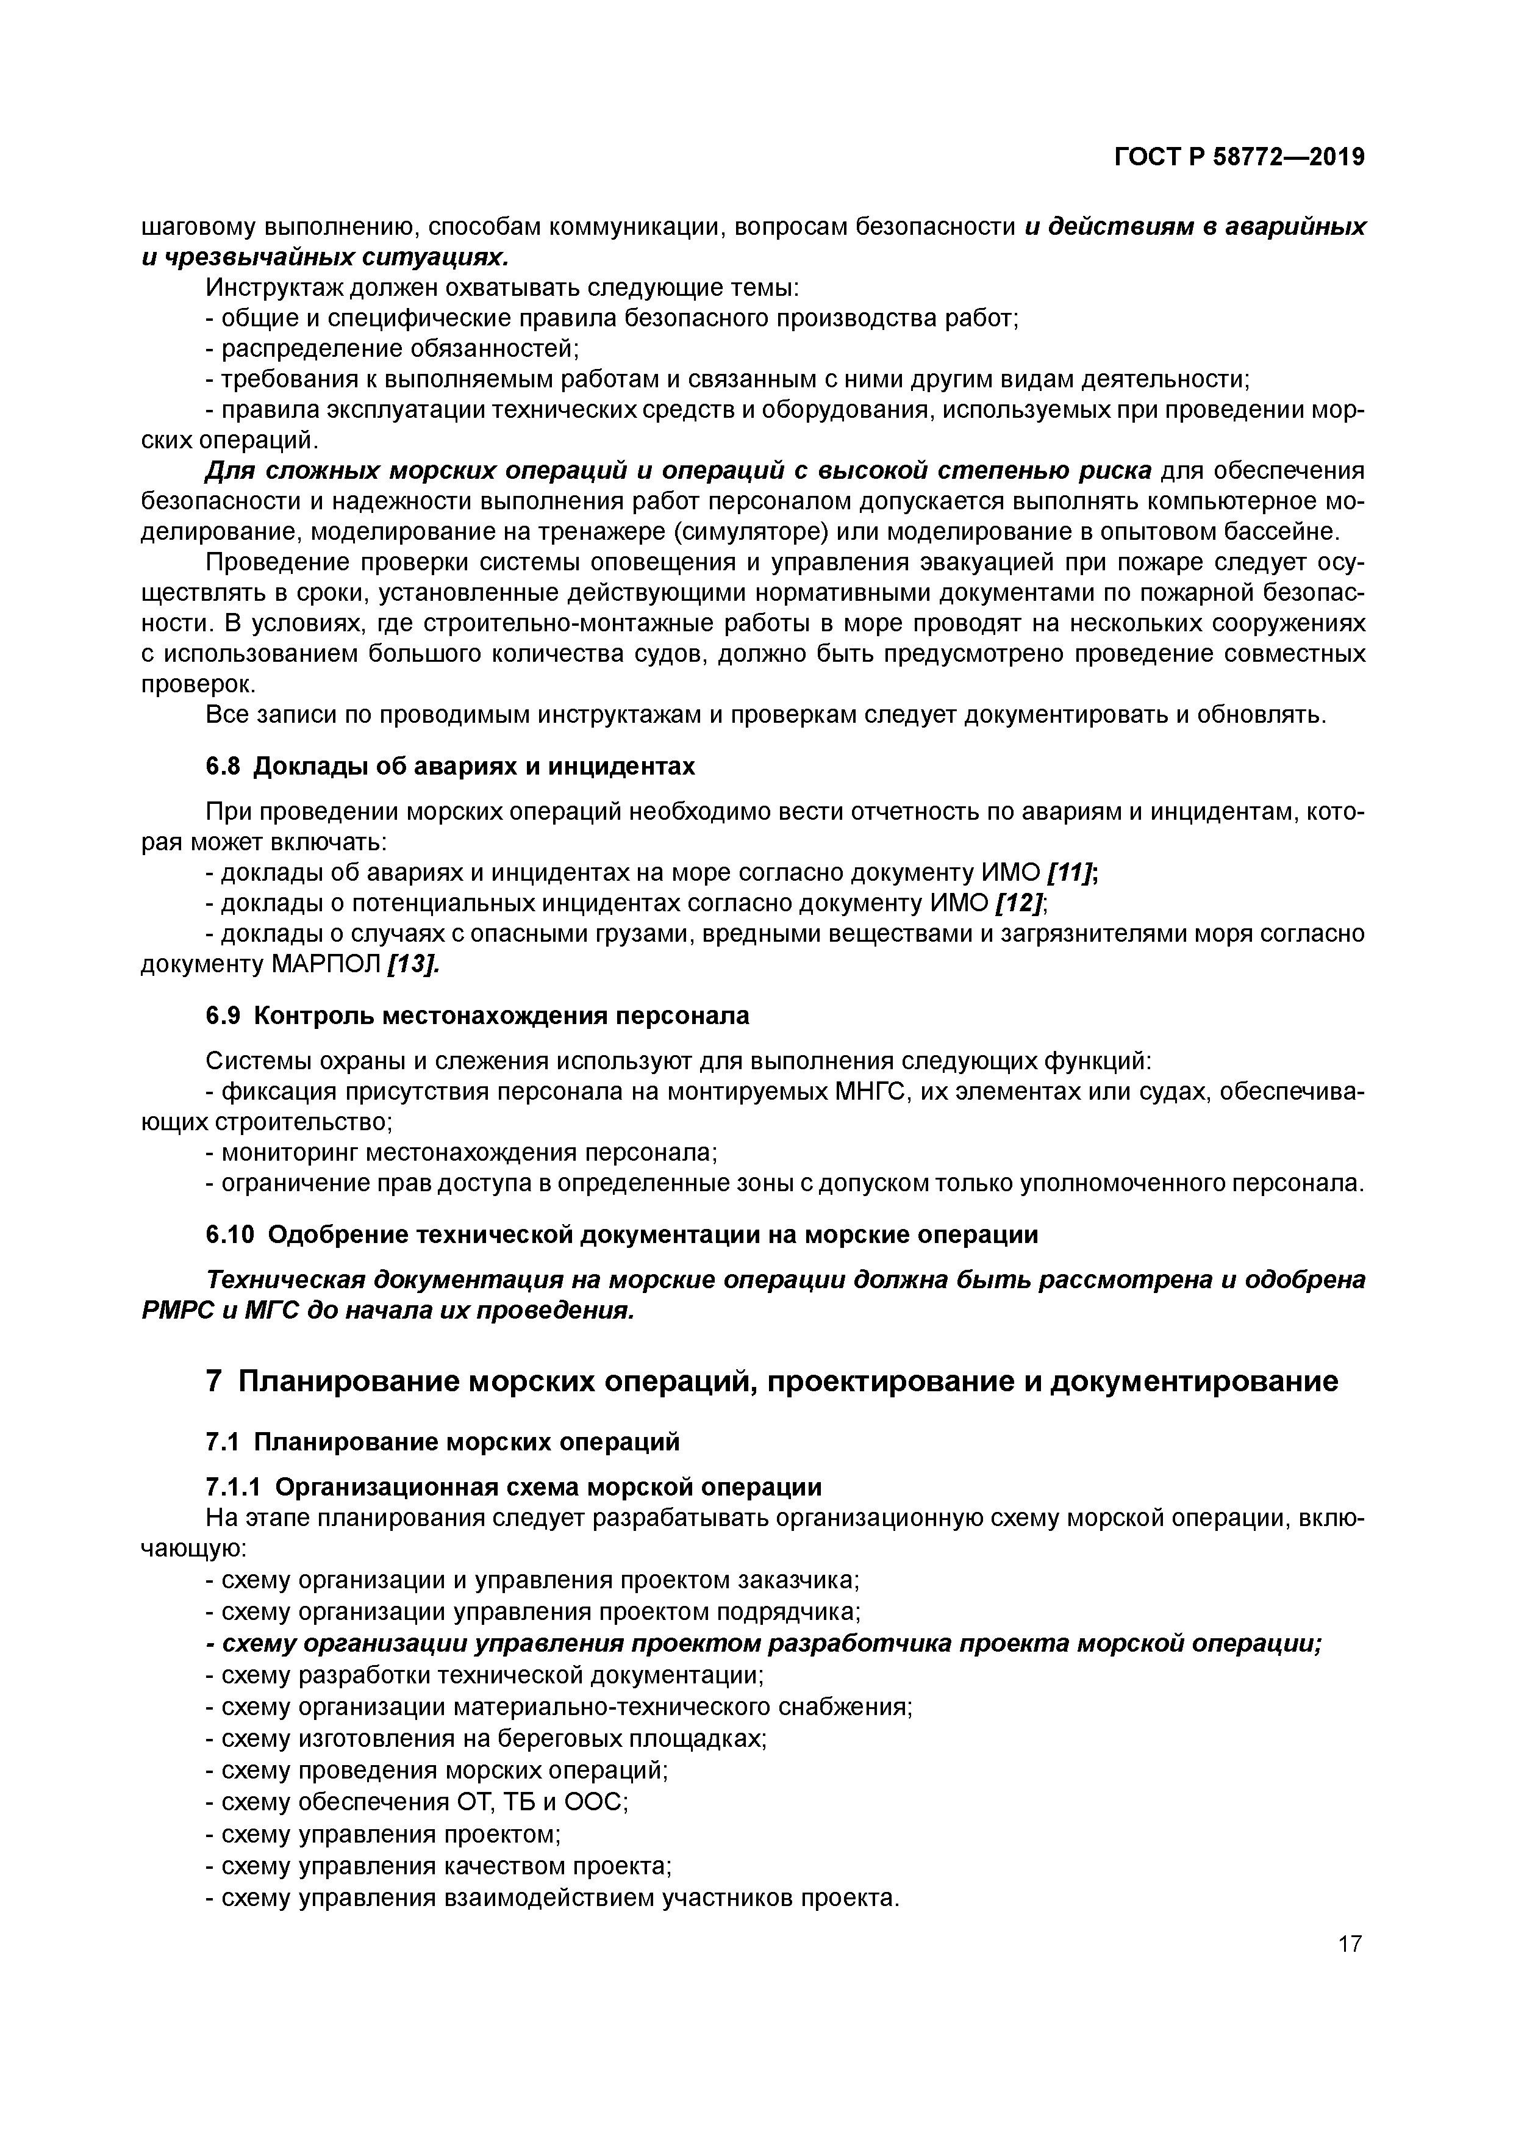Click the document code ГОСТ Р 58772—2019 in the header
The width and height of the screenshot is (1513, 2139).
click(1239, 157)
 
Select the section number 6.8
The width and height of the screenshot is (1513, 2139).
click(223, 766)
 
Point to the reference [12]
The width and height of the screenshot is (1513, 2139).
click(1019, 903)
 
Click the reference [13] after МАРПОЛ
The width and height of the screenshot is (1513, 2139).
click(411, 964)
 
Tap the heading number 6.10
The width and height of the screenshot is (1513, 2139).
click(228, 1234)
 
